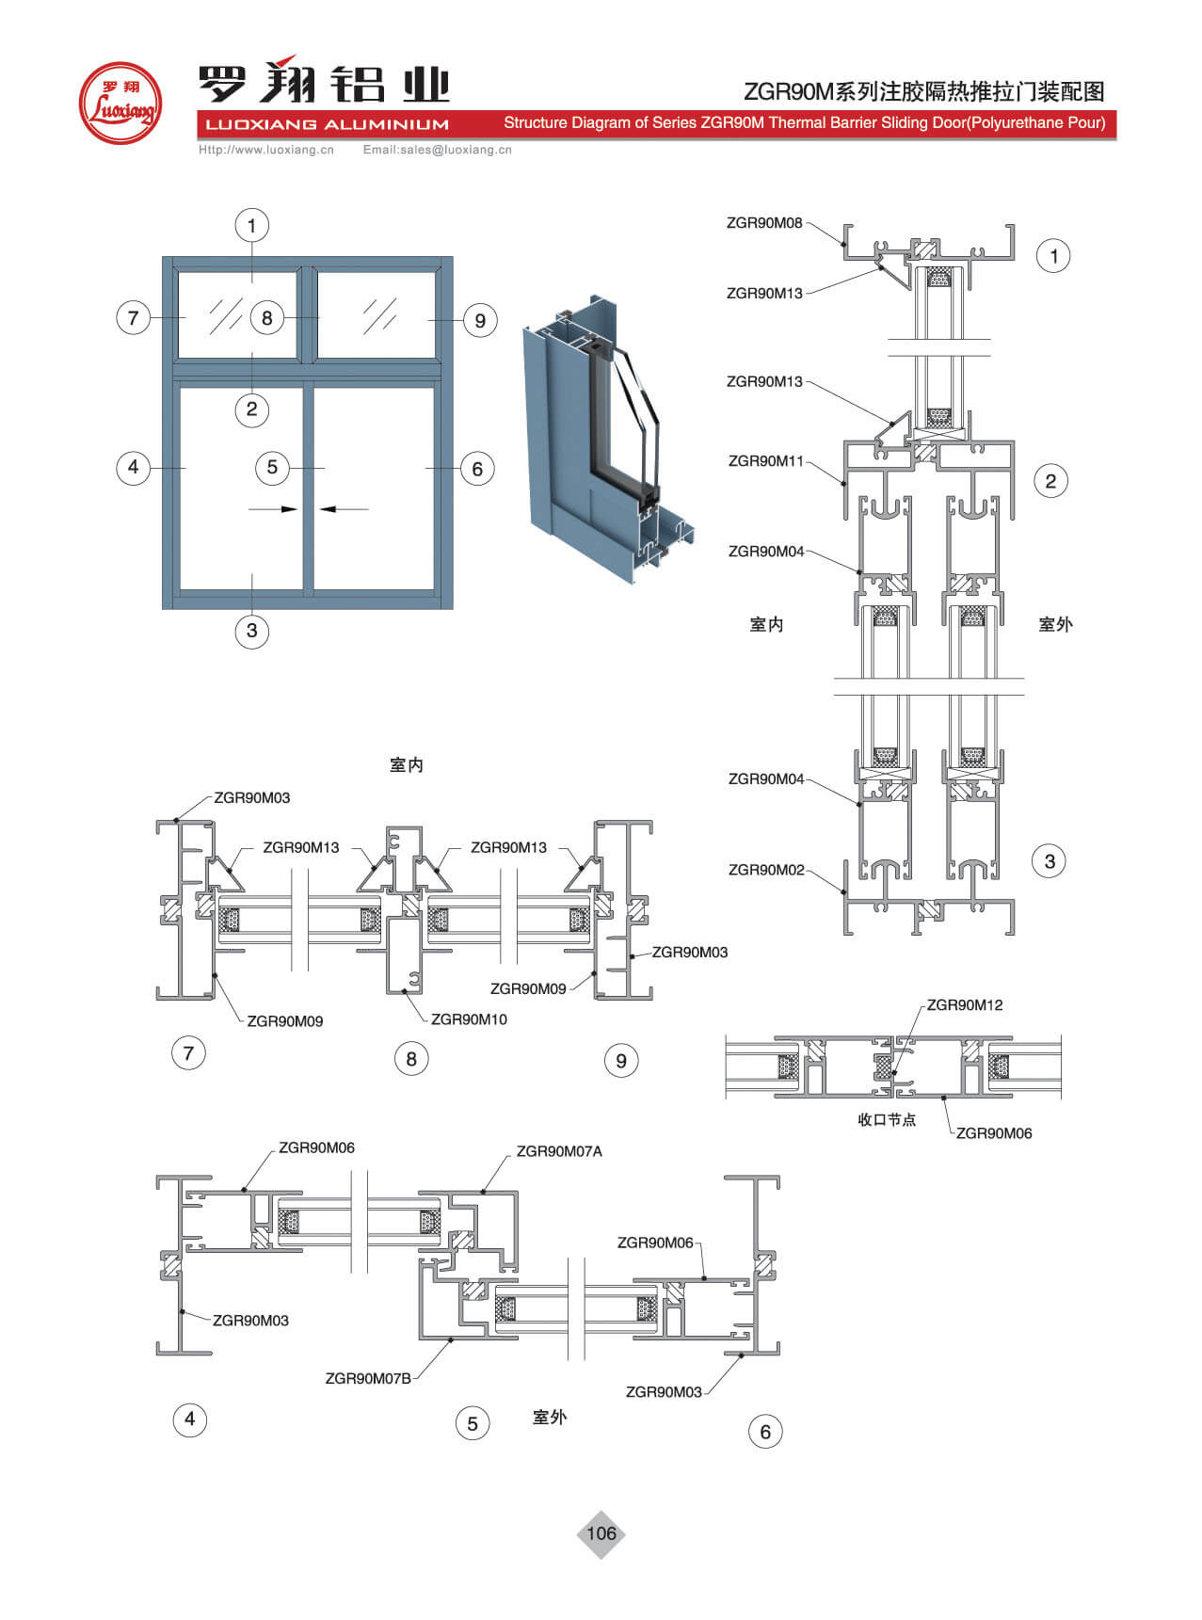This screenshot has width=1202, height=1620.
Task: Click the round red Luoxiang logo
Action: [120, 104]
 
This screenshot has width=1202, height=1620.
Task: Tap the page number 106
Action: [601, 1533]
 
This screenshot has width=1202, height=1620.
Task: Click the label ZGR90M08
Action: [764, 223]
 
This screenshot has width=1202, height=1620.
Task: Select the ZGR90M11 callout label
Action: [766, 461]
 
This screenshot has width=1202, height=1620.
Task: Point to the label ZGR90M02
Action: [766, 870]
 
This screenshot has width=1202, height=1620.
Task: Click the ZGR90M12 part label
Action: [965, 1005]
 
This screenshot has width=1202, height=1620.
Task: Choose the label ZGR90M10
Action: [469, 1019]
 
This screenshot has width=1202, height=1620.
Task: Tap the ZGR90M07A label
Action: [559, 1151]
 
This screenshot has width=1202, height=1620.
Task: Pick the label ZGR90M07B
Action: [368, 1378]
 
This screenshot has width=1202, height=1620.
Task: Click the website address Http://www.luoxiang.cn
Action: [266, 150]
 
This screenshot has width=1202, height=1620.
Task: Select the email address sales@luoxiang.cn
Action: [438, 150]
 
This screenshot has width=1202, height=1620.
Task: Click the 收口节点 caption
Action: [887, 1119]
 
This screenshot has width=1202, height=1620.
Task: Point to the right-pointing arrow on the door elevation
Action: [274, 509]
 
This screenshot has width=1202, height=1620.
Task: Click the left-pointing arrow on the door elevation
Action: [344, 509]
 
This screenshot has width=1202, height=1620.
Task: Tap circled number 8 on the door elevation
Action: [267, 318]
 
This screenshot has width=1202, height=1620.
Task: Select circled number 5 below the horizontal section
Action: [473, 1423]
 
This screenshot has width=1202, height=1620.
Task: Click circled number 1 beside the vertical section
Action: [1053, 256]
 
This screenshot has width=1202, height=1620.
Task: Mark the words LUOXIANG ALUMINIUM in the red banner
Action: [327, 124]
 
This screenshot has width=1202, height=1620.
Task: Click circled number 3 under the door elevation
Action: [251, 630]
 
